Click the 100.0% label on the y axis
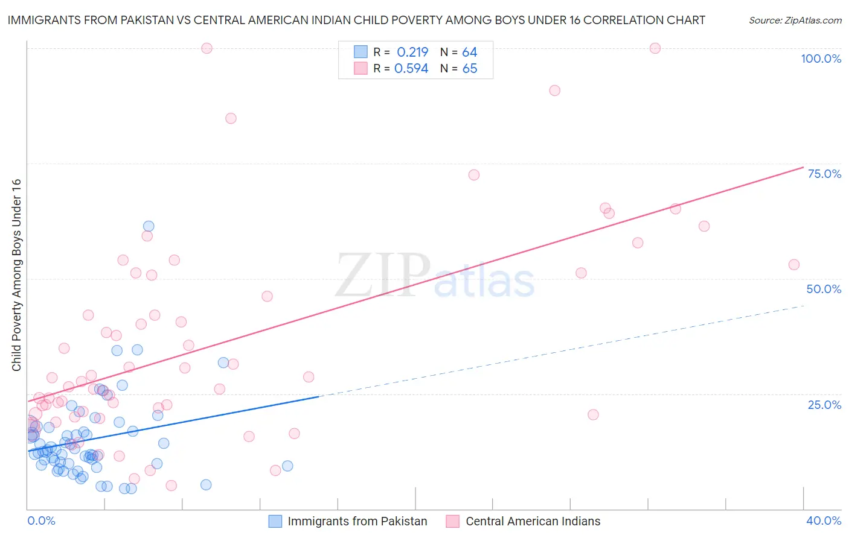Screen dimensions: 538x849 (821, 59)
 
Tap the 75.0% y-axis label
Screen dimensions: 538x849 (824, 174)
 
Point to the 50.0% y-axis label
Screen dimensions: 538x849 (824, 289)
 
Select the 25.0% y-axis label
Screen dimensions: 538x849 (824, 405)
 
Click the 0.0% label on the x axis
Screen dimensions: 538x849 (41, 521)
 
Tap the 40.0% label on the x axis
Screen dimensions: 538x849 (824, 521)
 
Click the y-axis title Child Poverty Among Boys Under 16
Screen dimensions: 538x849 (16, 275)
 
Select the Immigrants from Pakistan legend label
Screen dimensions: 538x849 (357, 521)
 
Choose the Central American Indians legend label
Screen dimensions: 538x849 (533, 521)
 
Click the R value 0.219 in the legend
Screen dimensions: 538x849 (412, 52)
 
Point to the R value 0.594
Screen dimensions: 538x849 (411, 69)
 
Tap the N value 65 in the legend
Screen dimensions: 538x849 (470, 69)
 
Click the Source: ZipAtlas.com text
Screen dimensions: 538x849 (795, 21)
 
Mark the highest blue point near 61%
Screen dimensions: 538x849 (149, 226)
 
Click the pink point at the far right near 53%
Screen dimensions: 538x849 (794, 265)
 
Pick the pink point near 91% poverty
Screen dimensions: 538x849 (555, 90)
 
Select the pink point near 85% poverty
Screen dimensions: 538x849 (231, 118)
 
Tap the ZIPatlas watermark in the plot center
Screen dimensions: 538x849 (435, 276)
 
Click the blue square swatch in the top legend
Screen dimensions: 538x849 (360, 52)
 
